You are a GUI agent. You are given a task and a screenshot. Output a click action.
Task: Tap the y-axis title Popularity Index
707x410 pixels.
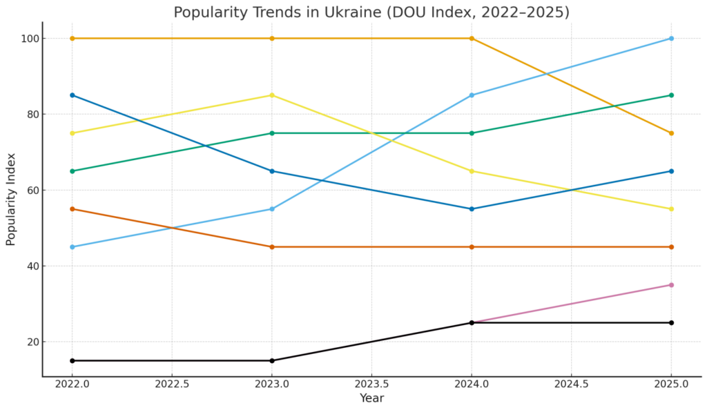point(11,199)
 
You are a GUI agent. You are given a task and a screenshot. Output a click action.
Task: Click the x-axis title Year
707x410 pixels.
point(371,398)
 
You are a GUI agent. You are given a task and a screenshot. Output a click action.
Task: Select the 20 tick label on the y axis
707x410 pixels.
point(29,342)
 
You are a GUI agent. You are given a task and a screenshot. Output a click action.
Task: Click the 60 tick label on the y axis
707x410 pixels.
point(29,191)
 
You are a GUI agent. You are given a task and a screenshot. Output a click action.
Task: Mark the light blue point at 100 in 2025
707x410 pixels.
point(671,39)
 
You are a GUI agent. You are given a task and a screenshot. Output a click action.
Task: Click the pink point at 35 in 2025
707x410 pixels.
point(671,285)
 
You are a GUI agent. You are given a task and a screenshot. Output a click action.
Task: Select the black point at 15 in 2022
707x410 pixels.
point(72,360)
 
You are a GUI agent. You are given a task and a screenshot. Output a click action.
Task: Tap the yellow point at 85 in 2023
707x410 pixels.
point(272,95)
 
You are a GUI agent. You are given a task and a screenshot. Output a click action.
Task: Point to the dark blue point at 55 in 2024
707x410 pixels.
point(472,209)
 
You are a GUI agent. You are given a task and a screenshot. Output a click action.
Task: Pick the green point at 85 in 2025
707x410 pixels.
point(671,95)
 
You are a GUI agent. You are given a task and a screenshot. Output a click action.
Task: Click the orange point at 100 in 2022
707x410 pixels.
point(72,39)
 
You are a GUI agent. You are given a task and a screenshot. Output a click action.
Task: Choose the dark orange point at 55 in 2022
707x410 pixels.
point(72,209)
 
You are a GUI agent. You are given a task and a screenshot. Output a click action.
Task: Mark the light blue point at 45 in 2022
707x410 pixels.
point(72,247)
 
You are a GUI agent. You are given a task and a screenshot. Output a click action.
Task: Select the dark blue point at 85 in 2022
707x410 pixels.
point(72,95)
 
